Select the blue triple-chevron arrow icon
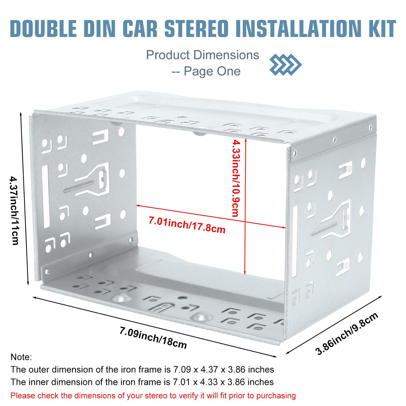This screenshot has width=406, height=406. pyautogui.click(x=285, y=64)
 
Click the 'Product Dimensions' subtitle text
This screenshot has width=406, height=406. pyautogui.click(x=202, y=55)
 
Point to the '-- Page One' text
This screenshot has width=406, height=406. pyautogui.click(x=206, y=71)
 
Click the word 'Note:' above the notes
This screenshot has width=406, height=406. pyautogui.click(x=21, y=357)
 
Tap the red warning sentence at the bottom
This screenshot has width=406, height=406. pyautogui.click(x=153, y=396)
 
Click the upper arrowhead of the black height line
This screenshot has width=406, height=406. pyautogui.click(x=21, y=113)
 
